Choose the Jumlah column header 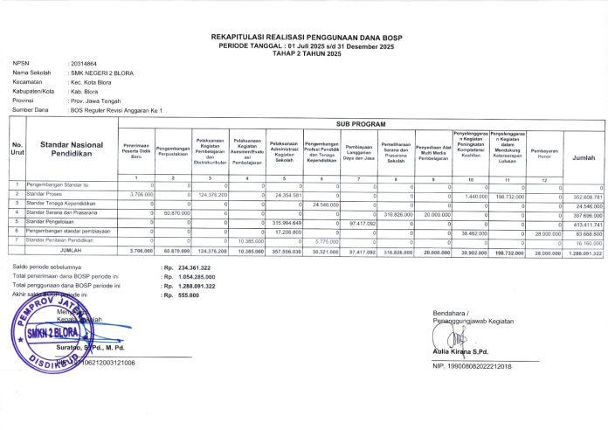click(x=584, y=158)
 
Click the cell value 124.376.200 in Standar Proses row click(x=211, y=194)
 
